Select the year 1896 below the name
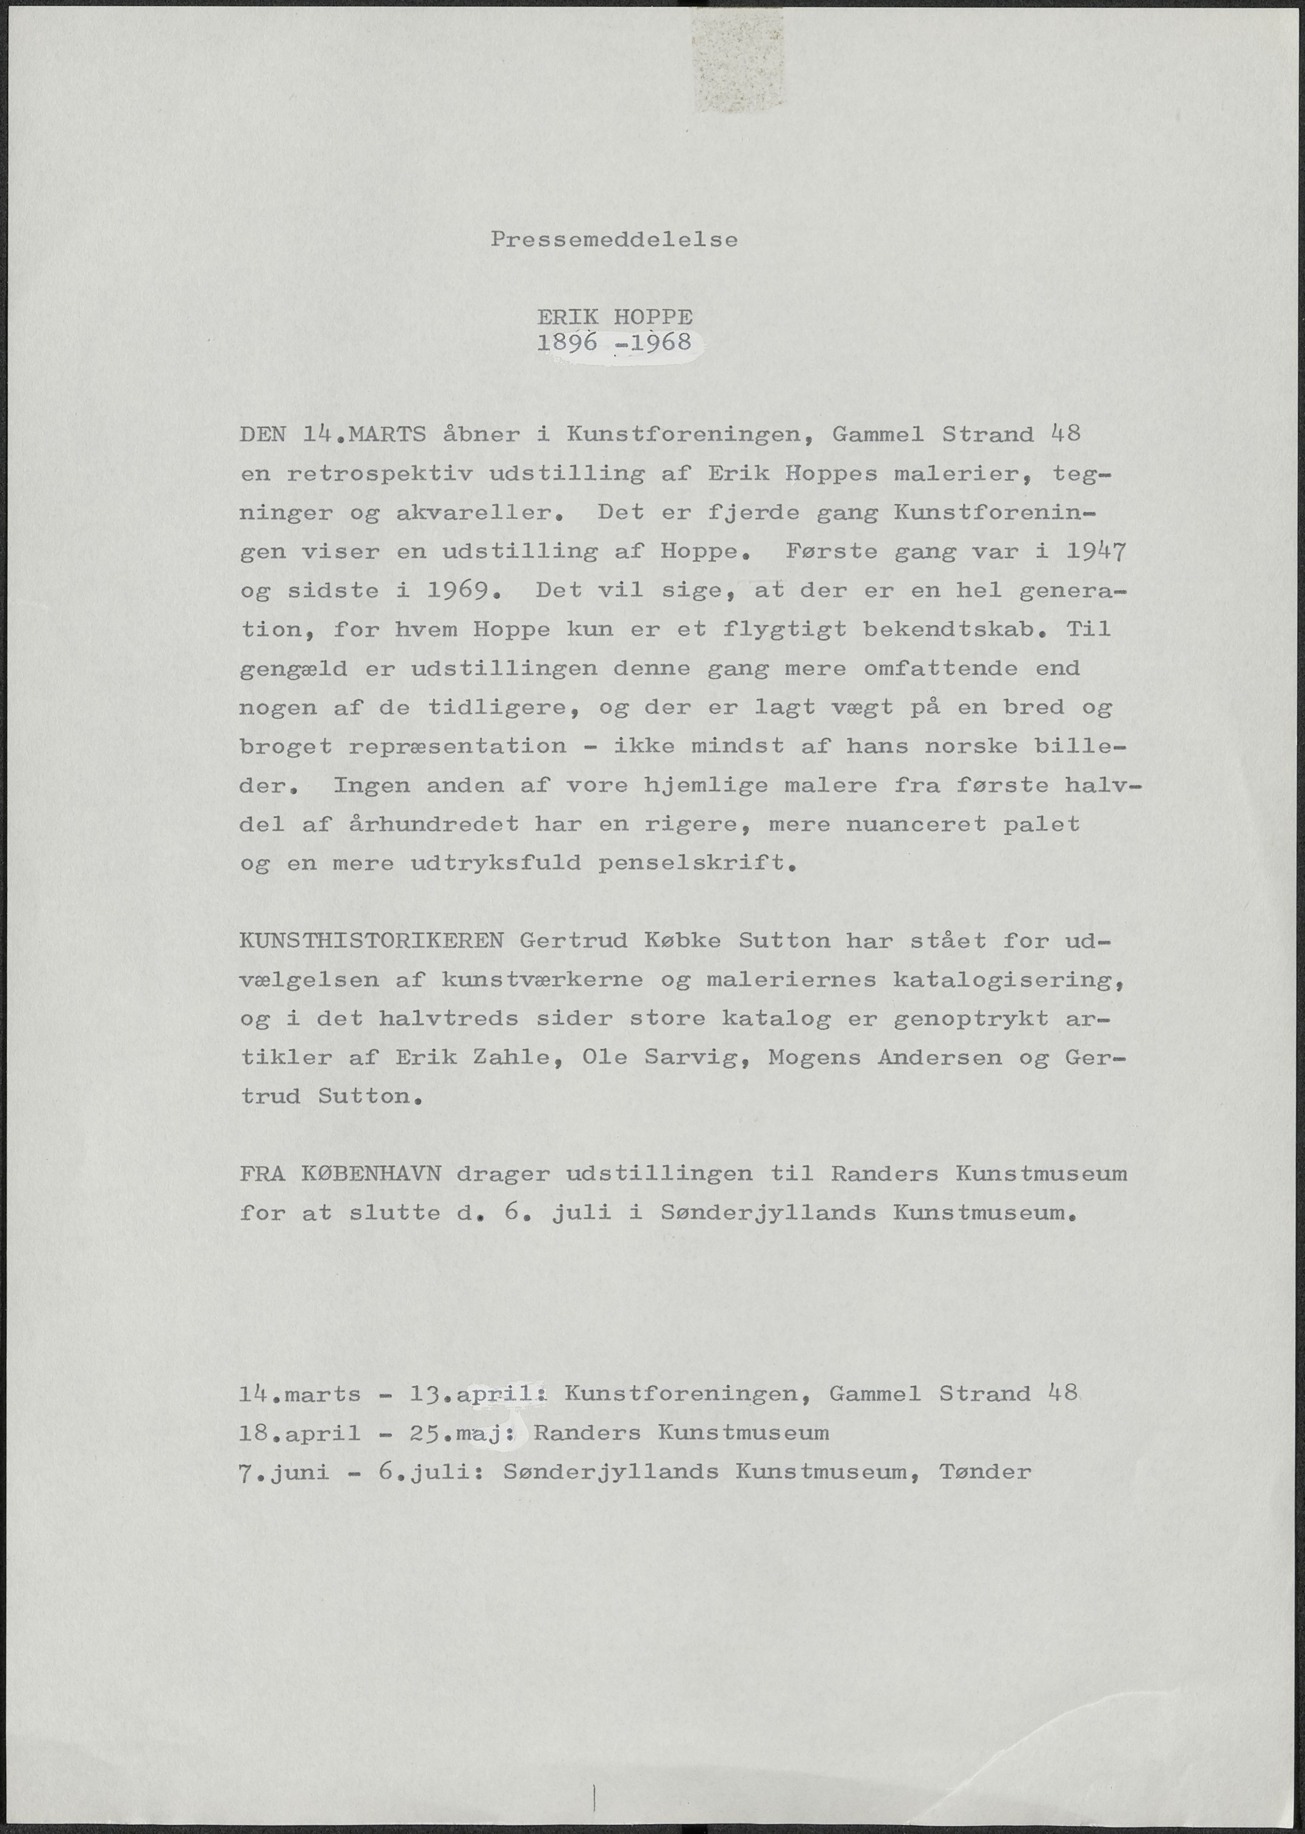tap(567, 342)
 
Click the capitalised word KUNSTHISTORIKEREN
tap(371, 940)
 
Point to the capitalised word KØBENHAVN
tap(371, 1174)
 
